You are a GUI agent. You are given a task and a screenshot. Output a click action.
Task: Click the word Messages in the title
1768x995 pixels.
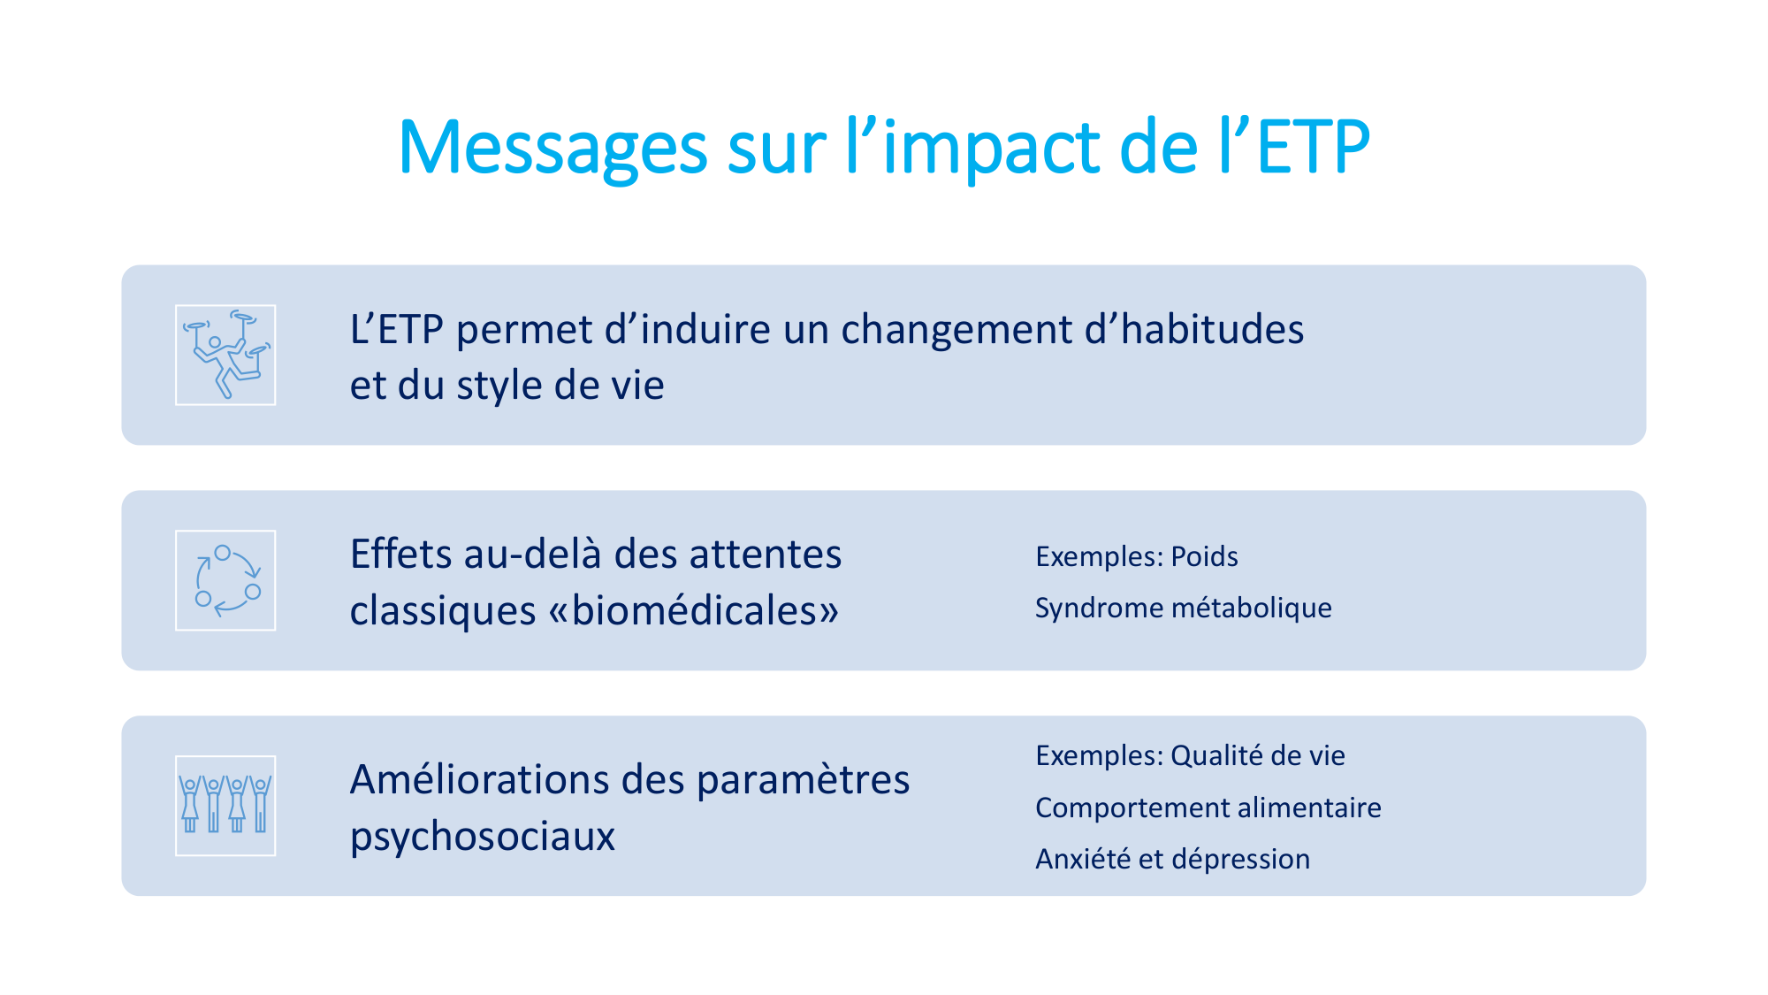(x=552, y=148)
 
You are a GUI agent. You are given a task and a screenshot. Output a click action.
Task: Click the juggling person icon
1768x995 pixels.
(x=225, y=355)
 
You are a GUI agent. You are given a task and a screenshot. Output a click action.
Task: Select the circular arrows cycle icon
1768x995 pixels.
(x=225, y=580)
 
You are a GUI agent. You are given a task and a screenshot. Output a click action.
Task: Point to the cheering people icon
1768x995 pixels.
(x=225, y=806)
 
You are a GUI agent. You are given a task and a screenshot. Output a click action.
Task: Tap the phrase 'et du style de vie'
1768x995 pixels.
(x=507, y=386)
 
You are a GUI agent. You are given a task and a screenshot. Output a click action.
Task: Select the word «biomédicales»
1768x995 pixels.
(x=694, y=611)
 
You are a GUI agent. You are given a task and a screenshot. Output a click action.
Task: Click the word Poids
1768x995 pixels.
(x=1204, y=556)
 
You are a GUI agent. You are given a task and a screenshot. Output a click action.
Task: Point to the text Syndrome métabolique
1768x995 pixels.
(x=1183, y=608)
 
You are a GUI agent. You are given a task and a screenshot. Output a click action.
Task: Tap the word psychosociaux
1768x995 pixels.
(x=482, y=837)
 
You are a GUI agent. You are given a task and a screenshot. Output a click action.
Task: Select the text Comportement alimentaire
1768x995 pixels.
(x=1208, y=807)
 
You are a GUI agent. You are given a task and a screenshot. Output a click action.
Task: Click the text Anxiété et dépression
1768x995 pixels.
(x=1172, y=859)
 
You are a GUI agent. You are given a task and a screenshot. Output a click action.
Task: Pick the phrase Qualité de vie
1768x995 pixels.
(x=1257, y=755)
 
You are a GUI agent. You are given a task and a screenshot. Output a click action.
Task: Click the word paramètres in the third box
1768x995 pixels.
(x=803, y=780)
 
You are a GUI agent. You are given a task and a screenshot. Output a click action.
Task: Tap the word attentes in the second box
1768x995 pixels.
(x=766, y=555)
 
